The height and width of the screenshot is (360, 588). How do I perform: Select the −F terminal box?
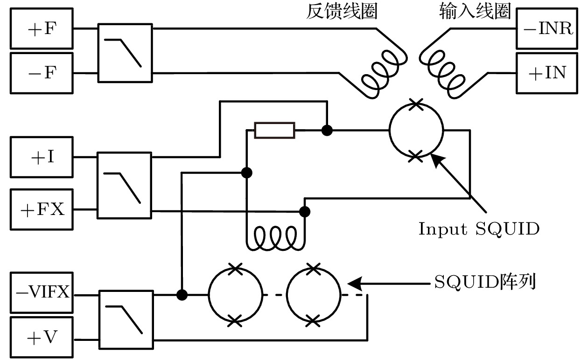pos(41,73)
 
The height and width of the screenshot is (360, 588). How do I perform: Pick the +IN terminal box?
pos(547,73)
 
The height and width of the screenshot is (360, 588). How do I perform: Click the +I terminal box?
pos(41,157)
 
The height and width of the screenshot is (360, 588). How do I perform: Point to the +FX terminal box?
pos(41,209)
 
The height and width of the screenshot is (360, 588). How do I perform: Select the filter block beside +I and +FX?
pos(124,185)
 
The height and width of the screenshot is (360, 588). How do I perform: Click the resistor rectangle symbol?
pos(274,131)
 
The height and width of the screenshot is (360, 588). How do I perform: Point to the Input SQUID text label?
pos(479,229)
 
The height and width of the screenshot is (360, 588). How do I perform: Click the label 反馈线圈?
pos(342,12)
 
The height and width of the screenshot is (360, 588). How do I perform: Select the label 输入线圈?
pos(475,12)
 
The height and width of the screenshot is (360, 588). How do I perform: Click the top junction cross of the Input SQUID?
pos(415,104)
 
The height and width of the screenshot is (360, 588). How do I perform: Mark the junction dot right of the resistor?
pos(327,131)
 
